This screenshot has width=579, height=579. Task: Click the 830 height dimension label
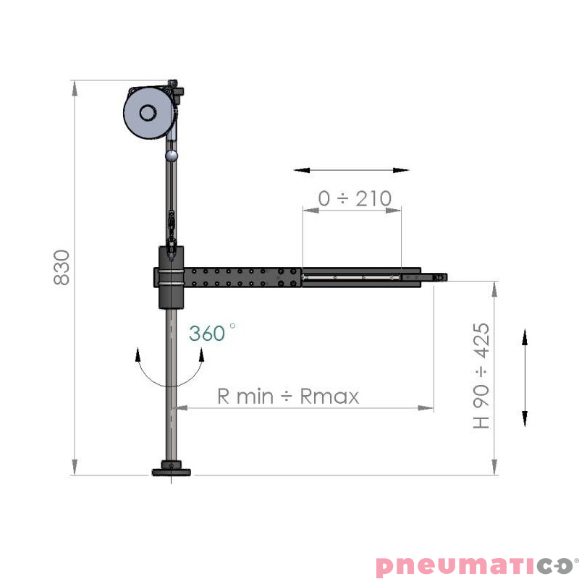62,267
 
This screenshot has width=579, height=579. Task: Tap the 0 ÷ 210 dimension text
355,198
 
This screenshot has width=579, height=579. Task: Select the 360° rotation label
212,333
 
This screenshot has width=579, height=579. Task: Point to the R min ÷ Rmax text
288,396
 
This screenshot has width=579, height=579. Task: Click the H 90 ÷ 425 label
481,376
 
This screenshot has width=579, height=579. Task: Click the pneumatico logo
477,565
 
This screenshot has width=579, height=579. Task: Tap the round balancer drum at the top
148,113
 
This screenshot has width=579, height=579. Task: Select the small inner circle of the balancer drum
148,113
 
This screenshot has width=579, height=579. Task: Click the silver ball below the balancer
172,156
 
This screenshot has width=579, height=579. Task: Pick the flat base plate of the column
172,473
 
